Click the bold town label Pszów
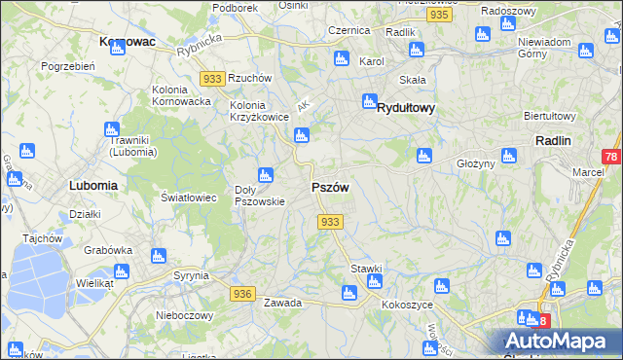click(x=329, y=188)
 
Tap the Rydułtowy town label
click(x=405, y=109)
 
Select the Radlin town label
click(x=552, y=140)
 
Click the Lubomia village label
click(x=93, y=184)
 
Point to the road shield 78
click(x=610, y=157)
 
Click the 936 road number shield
click(x=242, y=293)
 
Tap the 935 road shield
click(x=439, y=16)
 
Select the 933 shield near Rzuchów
click(x=211, y=78)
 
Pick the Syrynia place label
click(x=191, y=275)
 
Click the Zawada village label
click(x=282, y=303)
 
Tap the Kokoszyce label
click(x=407, y=305)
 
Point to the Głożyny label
click(x=476, y=163)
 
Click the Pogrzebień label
click(x=67, y=66)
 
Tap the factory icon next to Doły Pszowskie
click(x=266, y=175)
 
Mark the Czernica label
click(x=349, y=31)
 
